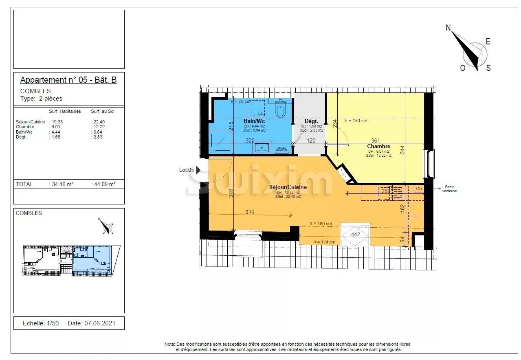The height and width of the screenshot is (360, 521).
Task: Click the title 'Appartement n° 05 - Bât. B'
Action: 68,80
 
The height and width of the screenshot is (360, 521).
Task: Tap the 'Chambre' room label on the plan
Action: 378,146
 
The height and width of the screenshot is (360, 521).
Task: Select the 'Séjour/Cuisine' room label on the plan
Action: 288,187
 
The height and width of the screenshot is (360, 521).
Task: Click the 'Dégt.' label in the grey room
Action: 311,121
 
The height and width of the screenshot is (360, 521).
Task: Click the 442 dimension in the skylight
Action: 355,234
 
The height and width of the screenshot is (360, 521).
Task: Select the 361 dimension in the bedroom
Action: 376,141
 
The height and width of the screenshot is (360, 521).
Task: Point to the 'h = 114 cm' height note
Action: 324,242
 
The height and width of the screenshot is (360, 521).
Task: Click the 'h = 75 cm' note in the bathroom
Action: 241,101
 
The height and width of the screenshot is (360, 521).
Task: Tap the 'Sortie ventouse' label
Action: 450,189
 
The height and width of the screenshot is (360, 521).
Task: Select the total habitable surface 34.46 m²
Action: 62,184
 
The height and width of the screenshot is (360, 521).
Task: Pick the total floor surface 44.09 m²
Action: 104,184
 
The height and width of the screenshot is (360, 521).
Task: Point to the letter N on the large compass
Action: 448,28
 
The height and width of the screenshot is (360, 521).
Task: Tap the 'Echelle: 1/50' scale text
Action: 41,323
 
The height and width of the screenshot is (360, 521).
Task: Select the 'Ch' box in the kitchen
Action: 419,189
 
